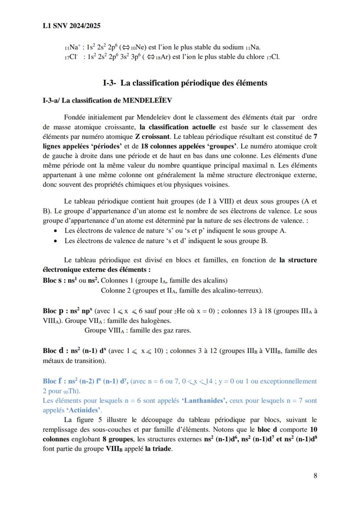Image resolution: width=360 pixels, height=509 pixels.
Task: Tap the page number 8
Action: point(315,475)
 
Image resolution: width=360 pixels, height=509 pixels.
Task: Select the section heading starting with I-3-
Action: point(185,83)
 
